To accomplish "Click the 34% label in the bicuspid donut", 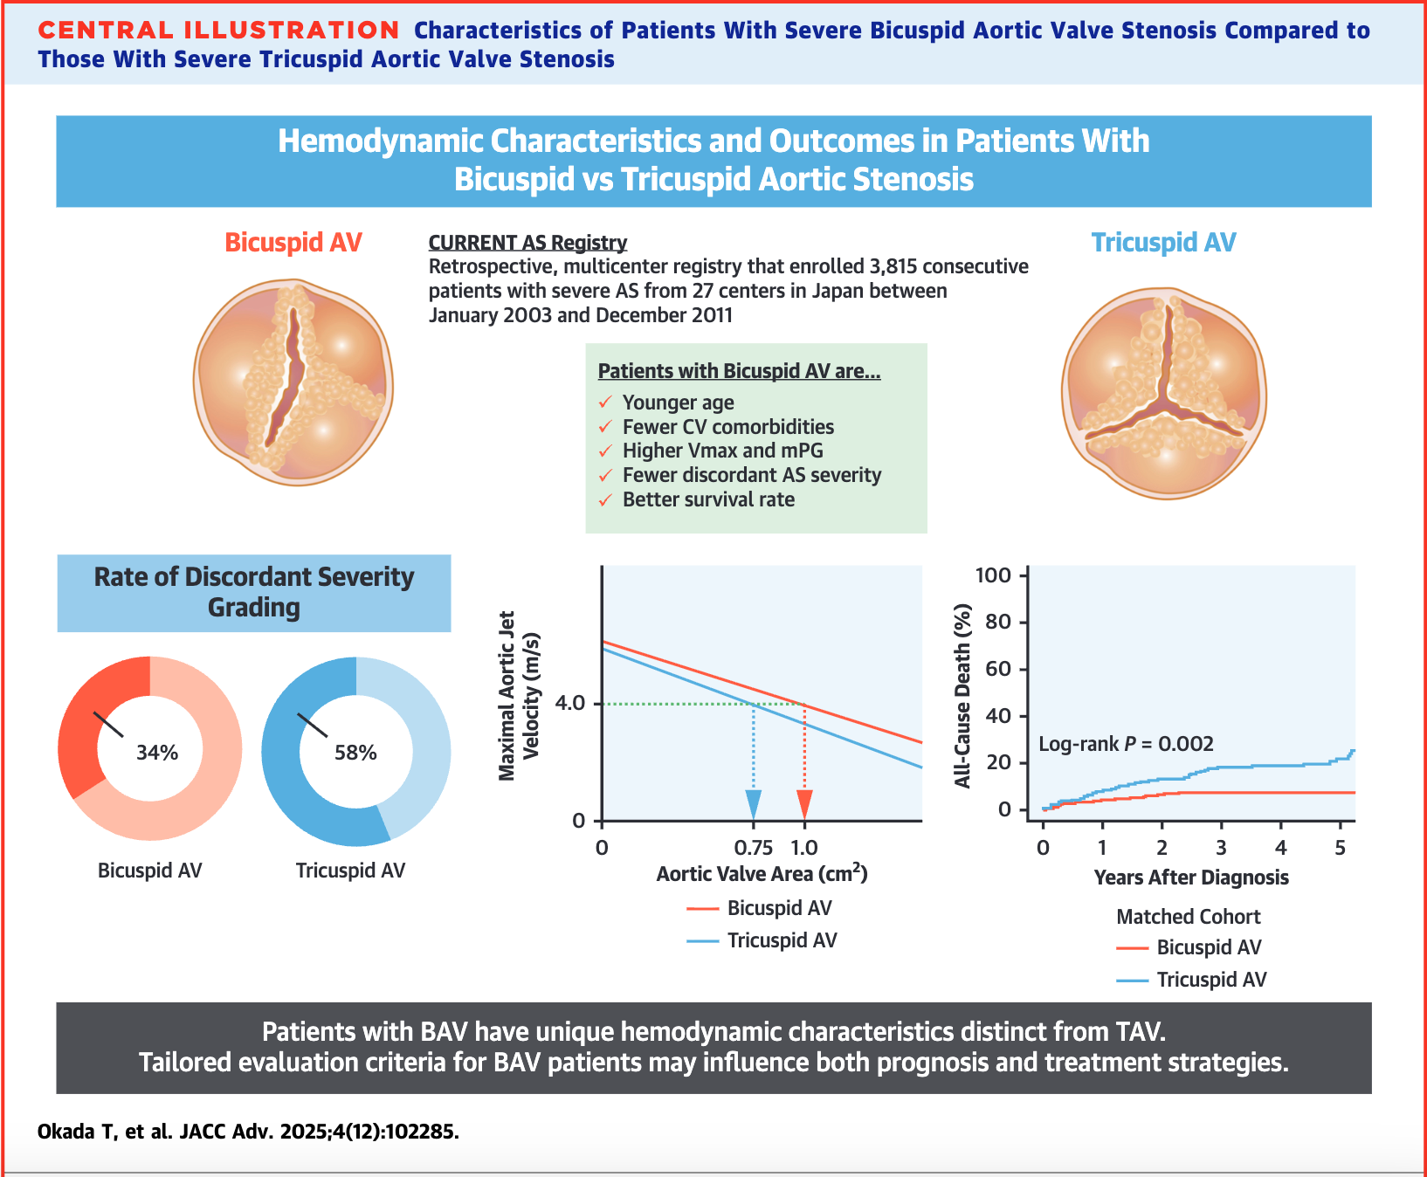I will coord(157,753).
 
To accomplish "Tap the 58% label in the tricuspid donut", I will coord(355,753).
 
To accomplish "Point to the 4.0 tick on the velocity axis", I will coord(569,704).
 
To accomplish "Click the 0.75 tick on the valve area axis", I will coord(754,848).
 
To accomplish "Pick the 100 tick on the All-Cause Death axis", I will coord(993,575).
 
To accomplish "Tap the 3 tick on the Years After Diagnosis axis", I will coord(1221,848).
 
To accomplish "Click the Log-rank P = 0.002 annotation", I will coord(1126,744).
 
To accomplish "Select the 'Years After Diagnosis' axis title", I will coord(1191,878).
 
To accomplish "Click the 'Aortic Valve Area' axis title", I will coord(762,874).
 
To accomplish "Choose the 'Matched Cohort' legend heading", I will coord(1189,917).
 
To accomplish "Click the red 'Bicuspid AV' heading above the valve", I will coord(293,242).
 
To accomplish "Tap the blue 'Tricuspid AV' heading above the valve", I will coord(1163,242).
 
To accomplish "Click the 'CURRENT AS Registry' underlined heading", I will coord(527,243).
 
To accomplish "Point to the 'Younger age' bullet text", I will coord(678,403).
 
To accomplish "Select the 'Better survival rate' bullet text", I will coord(708,499).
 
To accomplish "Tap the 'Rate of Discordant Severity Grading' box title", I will coord(254,592).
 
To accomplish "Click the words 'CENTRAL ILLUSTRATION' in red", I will coord(219,31).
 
